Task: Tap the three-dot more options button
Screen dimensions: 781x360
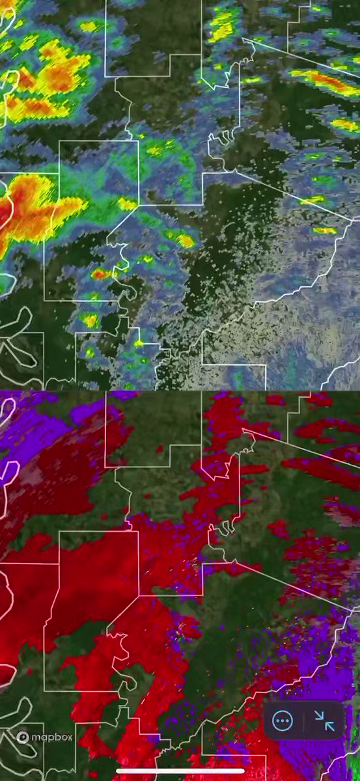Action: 283,720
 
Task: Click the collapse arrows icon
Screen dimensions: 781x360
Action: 324,720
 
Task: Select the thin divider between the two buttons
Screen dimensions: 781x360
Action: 303,720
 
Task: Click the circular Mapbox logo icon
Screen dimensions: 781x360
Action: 23,737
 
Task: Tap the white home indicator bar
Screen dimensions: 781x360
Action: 180,772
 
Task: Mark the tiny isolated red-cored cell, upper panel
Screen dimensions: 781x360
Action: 100,274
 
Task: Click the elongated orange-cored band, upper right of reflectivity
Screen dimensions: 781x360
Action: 325,82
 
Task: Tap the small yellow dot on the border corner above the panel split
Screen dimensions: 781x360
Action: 139,342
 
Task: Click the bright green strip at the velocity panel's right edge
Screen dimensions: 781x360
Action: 355,742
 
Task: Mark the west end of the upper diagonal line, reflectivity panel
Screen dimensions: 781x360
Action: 243,38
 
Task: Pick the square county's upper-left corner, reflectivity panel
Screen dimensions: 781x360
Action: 60,141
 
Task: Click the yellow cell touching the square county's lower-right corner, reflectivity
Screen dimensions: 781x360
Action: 127,204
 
